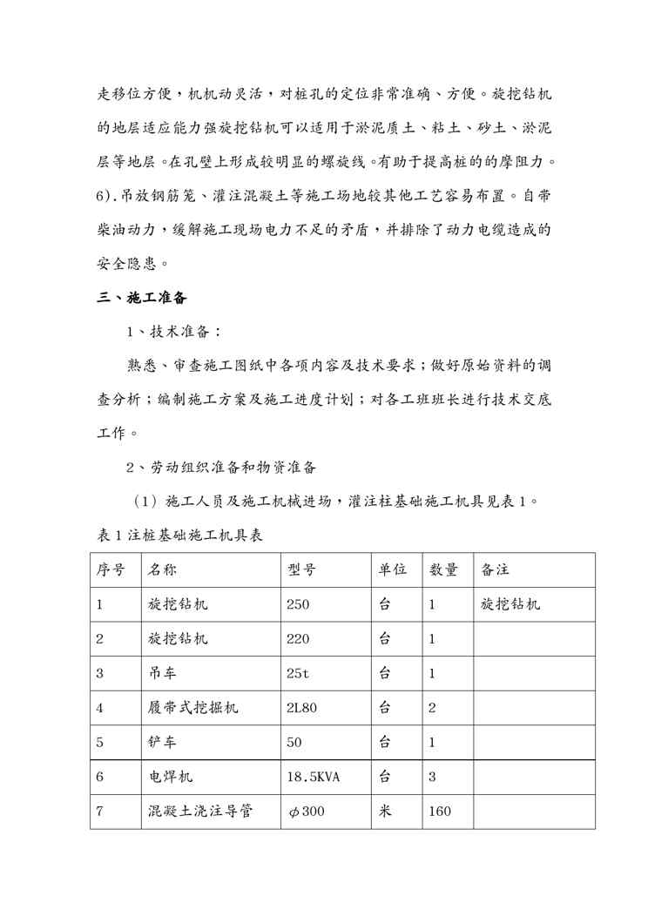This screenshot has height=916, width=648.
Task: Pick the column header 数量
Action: [443, 569]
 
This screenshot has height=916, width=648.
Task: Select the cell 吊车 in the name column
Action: [161, 673]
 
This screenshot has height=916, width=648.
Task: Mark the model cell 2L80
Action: [301, 708]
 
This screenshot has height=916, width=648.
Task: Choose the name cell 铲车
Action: [161, 743]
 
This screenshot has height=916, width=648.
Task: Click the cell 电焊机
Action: [169, 777]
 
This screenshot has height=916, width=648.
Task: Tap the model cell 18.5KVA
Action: [314, 777]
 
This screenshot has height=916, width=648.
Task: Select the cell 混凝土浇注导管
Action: [200, 812]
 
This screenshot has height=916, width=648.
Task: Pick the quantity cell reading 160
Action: [440, 812]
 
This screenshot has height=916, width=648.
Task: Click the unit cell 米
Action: [384, 812]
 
